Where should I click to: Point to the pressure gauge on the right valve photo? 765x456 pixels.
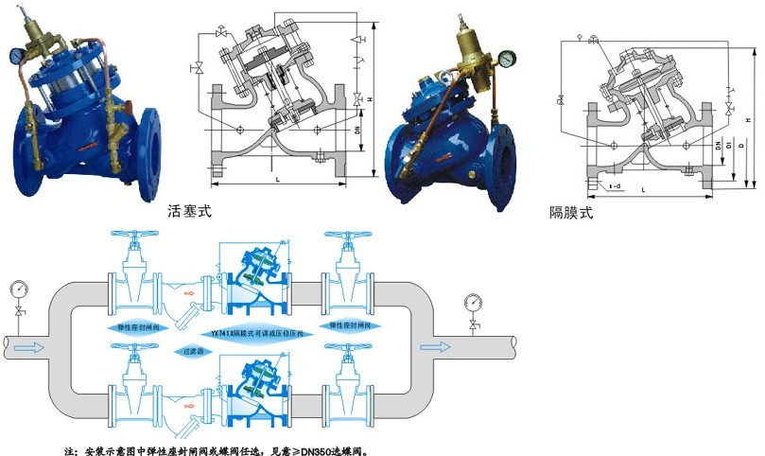(x=507, y=57)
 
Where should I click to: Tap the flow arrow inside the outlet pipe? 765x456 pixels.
(x=437, y=346)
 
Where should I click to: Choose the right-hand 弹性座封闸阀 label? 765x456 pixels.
(x=347, y=324)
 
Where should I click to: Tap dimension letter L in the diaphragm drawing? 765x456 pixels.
(x=643, y=191)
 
